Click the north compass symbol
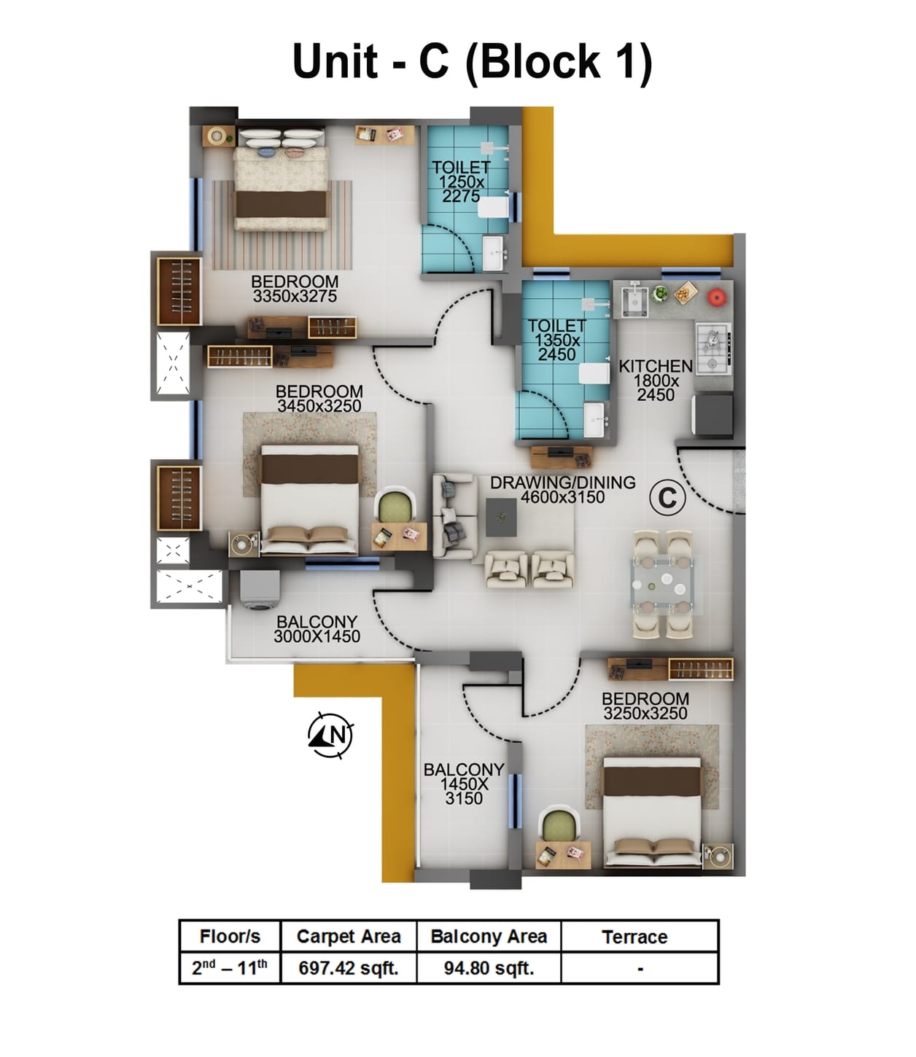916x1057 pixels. [330, 735]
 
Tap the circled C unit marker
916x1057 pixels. [667, 499]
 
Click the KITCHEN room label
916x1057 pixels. [655, 367]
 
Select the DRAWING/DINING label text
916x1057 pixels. [562, 483]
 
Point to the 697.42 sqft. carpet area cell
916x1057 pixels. [349, 969]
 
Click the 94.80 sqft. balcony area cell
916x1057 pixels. [489, 969]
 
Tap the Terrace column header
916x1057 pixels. [634, 937]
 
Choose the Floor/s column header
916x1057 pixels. [230, 937]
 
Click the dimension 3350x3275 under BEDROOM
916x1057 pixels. [295, 297]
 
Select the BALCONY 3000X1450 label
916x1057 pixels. [317, 629]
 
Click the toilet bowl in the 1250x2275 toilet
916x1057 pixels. [494, 207]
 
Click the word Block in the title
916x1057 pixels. [539, 61]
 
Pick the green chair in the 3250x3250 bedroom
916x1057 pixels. [559, 825]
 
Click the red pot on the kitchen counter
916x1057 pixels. [717, 296]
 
